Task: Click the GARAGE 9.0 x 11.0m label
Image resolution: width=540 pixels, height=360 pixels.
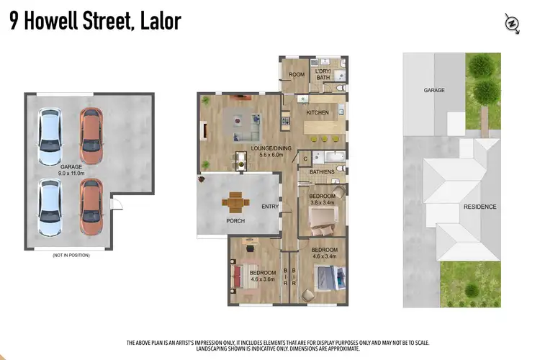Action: tap(71, 169)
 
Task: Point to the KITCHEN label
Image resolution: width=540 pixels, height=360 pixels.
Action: tap(317, 113)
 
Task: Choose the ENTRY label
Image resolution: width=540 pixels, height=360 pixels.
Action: tap(270, 207)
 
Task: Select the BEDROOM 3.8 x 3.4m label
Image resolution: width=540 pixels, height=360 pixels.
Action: tap(322, 199)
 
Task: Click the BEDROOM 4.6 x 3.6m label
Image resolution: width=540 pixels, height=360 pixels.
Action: tap(263, 276)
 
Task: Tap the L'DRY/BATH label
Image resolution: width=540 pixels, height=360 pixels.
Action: tap(322, 74)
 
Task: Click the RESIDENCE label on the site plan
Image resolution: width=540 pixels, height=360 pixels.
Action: tap(480, 207)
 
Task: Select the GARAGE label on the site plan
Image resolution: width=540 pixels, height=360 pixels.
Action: tap(433, 90)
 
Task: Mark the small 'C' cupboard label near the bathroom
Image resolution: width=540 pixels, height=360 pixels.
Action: tap(305, 158)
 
